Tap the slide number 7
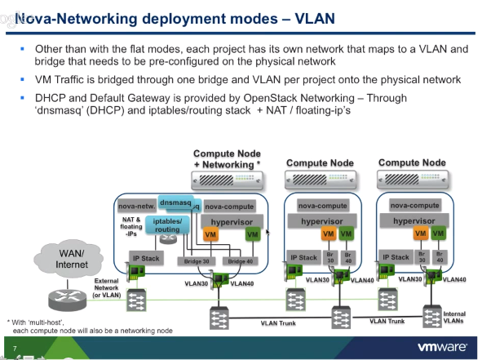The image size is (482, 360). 15,347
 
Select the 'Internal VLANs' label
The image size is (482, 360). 454,318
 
